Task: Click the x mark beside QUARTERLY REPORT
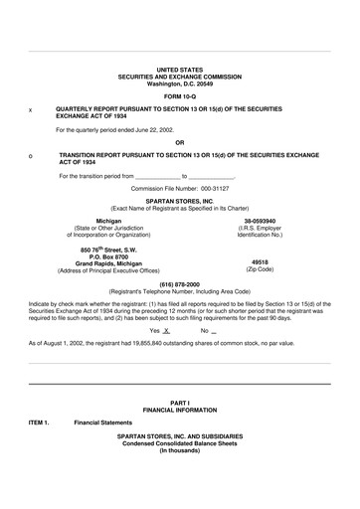30,110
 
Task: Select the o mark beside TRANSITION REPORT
30,157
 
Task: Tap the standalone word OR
180,143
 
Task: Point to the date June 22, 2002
154,129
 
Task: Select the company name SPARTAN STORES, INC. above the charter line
180,200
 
